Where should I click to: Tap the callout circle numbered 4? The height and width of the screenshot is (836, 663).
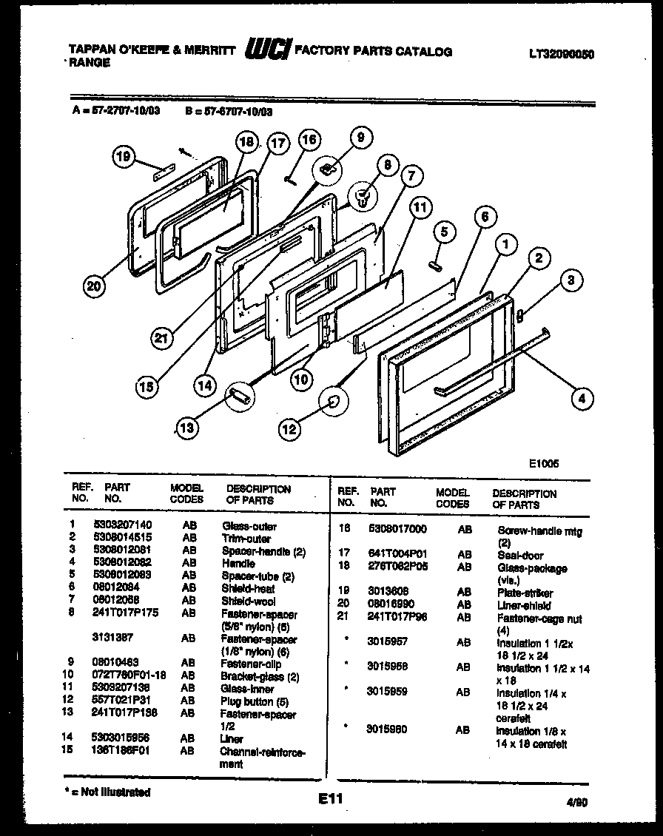(582, 398)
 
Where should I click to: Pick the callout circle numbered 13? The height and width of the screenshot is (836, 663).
(189, 428)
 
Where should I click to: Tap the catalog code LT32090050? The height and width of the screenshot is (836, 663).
(562, 54)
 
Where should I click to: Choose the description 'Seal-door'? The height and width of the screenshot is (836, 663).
(520, 556)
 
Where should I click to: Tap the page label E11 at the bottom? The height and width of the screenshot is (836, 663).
(331, 800)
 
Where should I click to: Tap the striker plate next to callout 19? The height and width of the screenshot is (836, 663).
(163, 174)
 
